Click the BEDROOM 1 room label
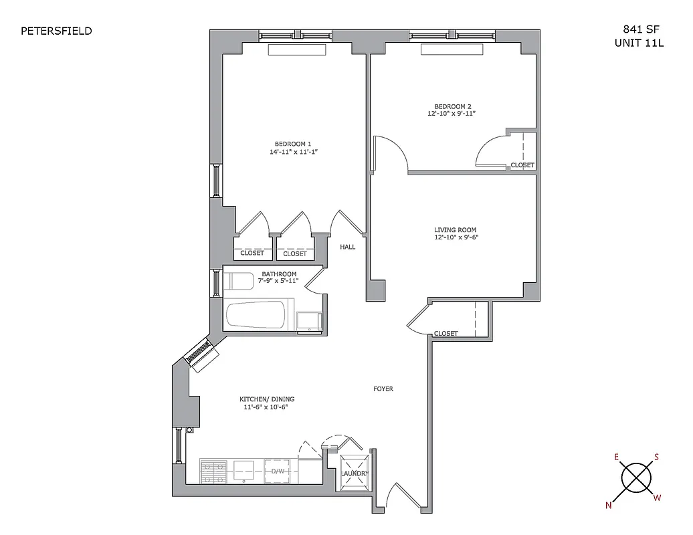point(293,144)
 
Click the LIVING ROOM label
point(455,229)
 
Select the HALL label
point(347,247)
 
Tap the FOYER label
point(383,389)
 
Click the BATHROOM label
point(279,274)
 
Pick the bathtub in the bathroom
point(258,315)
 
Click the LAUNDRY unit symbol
point(355,473)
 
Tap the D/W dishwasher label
point(278,471)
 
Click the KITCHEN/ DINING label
point(267,399)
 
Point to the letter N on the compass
point(609,506)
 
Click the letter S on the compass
point(656,457)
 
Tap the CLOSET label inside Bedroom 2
point(522,165)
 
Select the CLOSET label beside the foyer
point(446,333)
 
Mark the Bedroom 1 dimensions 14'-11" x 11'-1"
point(293,152)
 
